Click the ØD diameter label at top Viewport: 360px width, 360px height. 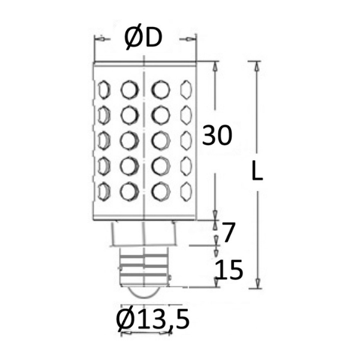(x=143, y=38)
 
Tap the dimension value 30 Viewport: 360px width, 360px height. (x=217, y=136)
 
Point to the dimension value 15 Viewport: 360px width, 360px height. (x=229, y=270)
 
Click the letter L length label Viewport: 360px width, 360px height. (x=257, y=170)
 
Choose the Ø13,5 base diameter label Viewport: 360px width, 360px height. (x=153, y=319)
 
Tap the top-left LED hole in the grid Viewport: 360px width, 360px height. (x=104, y=90)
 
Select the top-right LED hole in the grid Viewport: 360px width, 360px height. (x=186, y=90)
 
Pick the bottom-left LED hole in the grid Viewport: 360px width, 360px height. (x=104, y=191)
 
